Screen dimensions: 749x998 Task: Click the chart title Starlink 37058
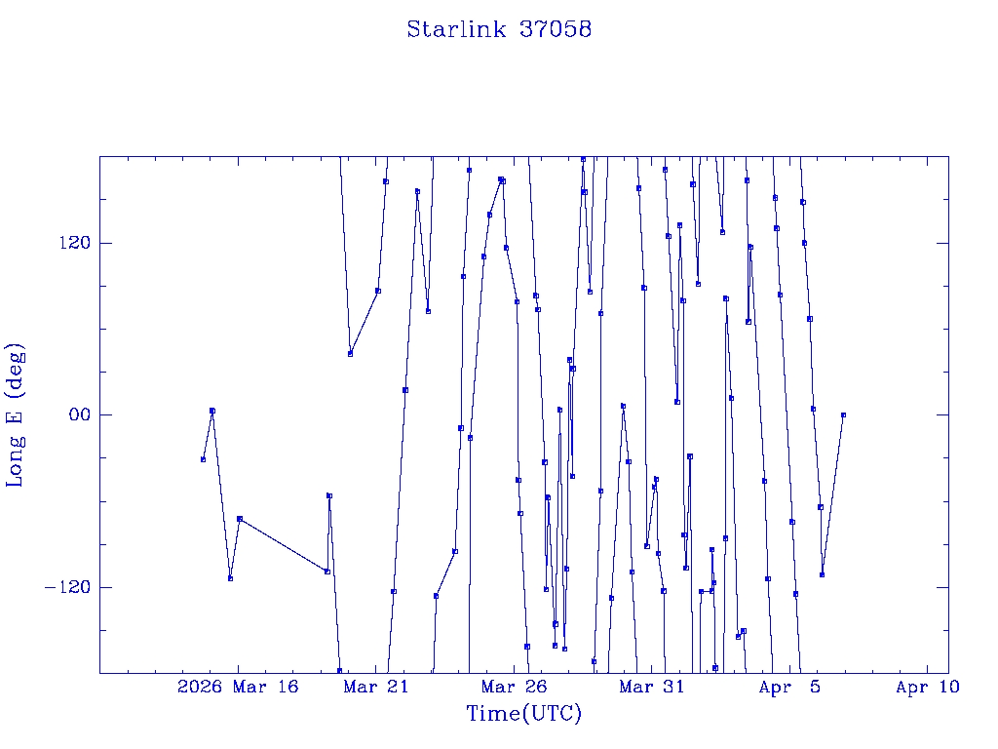(499, 29)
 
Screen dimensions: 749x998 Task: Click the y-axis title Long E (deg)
(16, 414)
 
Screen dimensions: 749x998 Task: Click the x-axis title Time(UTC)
(523, 714)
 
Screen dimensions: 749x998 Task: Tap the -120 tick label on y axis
(65, 587)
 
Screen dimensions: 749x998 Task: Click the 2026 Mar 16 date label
(237, 688)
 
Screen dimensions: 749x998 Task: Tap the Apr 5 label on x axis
(789, 688)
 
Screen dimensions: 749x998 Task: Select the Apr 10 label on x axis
(927, 688)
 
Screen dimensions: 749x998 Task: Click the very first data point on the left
(203, 459)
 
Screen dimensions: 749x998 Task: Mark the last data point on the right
(843, 414)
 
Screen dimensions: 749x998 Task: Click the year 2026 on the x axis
(199, 688)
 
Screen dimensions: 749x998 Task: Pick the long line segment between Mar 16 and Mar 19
(283, 545)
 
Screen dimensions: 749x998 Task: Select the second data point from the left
(212, 411)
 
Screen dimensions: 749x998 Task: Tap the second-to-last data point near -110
(823, 574)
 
